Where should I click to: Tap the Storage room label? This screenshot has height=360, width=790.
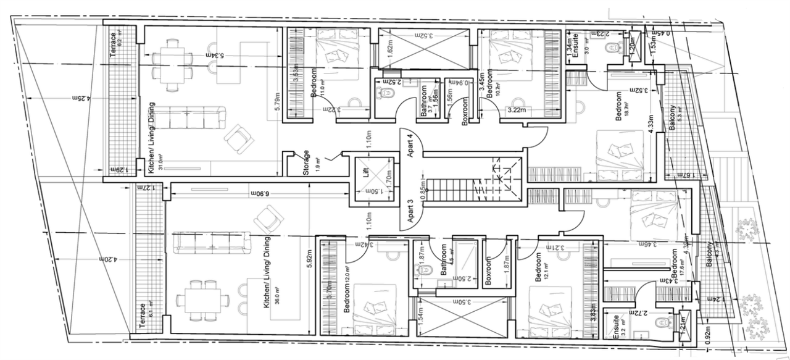click(x=306, y=162)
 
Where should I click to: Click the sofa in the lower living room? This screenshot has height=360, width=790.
click(x=211, y=241)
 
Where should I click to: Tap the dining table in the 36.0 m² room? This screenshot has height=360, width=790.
click(x=199, y=300)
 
